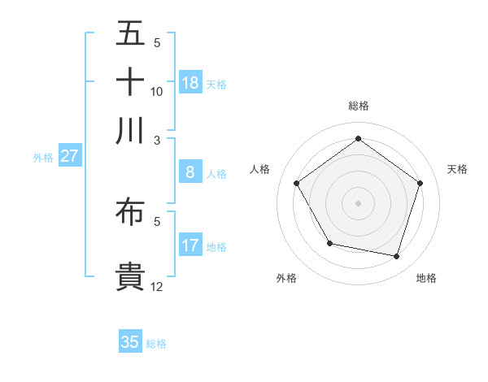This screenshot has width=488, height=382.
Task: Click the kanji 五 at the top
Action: tap(130, 33)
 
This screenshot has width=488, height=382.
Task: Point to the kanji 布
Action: tap(130, 212)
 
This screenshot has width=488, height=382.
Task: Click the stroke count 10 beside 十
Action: tap(157, 91)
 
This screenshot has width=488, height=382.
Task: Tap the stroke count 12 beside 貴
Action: tap(157, 286)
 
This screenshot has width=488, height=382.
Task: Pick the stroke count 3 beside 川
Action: tap(157, 139)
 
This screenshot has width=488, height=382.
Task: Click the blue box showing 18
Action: tap(190, 83)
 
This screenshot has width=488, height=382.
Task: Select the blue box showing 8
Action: tap(190, 172)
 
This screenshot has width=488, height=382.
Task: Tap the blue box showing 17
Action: tap(190, 245)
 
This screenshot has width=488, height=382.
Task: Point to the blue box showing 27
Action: tap(69, 156)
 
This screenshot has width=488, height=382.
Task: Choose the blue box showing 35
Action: tap(130, 342)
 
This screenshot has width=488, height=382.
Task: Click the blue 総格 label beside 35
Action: tap(156, 344)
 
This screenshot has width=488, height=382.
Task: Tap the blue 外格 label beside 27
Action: tap(43, 158)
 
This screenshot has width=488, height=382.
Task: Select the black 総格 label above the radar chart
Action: tap(358, 106)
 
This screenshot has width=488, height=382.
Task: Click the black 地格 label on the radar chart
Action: tap(426, 278)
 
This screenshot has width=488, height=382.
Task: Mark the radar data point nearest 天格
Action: tap(420, 183)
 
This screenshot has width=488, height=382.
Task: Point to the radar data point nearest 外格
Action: tap(329, 243)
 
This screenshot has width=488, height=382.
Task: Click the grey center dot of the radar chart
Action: tap(358, 202)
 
